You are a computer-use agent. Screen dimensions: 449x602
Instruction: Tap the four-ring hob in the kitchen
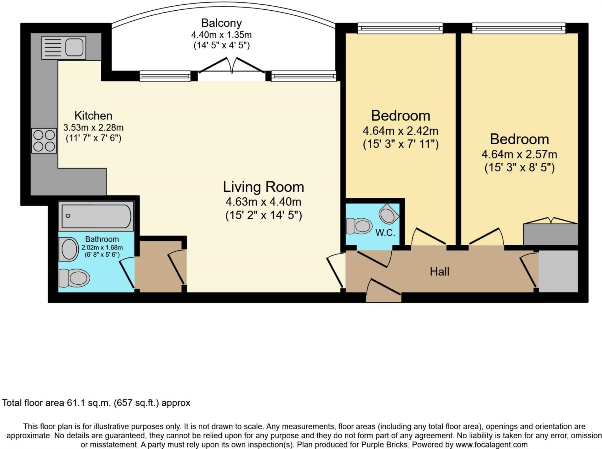(44, 141)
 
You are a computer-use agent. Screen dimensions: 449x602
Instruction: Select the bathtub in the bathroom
(96, 216)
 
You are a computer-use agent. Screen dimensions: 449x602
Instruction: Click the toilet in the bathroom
(75, 278)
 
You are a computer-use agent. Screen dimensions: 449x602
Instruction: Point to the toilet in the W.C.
(359, 226)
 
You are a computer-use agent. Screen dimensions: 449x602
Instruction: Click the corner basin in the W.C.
(388, 215)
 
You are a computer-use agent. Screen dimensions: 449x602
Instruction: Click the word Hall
(439, 272)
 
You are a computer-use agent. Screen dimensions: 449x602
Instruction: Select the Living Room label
(263, 187)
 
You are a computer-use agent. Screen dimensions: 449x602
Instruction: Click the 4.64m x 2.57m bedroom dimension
(519, 154)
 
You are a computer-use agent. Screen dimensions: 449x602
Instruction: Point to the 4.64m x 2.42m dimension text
(400, 131)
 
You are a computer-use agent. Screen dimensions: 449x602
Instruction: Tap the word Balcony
(221, 23)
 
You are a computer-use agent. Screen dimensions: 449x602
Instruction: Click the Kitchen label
(93, 116)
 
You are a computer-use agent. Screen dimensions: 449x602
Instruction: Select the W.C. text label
(385, 233)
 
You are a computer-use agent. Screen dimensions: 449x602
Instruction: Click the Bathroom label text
(102, 239)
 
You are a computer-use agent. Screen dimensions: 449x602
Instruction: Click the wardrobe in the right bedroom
(550, 234)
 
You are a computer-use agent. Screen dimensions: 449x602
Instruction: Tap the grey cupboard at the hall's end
(558, 271)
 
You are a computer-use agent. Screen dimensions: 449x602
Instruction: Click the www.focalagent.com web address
(491, 445)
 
